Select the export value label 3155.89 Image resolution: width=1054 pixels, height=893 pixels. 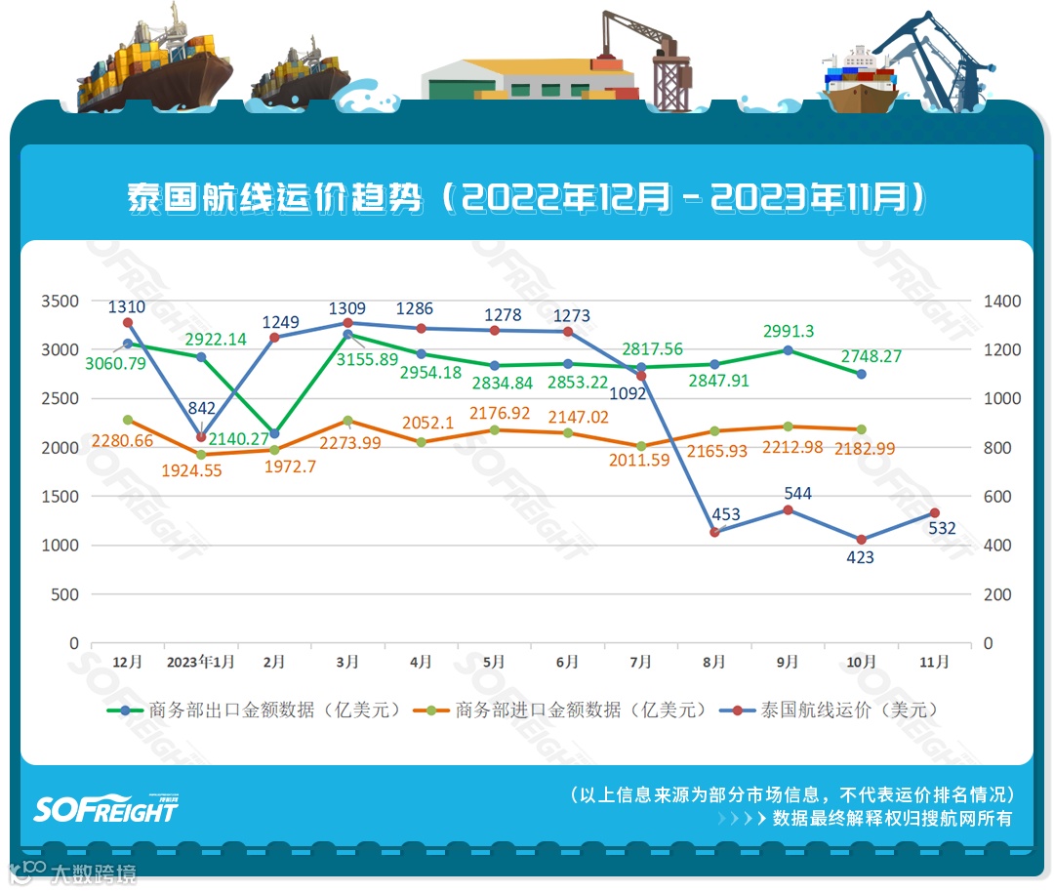click(348, 359)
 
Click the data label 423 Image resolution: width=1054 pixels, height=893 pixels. click(860, 557)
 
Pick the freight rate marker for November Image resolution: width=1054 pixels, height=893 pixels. click(934, 513)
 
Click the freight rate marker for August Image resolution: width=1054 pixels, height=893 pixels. click(714, 532)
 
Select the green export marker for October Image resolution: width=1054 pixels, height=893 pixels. click(861, 374)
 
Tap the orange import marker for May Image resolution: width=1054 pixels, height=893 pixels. click(494, 430)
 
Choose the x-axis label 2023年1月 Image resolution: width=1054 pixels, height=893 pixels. click(200, 662)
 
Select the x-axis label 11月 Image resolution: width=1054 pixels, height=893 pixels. click(934, 662)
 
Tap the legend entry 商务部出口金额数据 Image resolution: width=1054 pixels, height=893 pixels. click(256, 710)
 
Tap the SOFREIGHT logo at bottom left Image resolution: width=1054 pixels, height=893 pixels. click(106, 808)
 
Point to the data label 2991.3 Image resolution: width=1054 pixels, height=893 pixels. click(789, 331)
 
